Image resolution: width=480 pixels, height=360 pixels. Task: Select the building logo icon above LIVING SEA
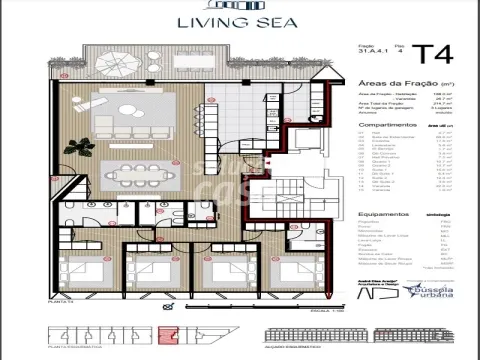point(240,7)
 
